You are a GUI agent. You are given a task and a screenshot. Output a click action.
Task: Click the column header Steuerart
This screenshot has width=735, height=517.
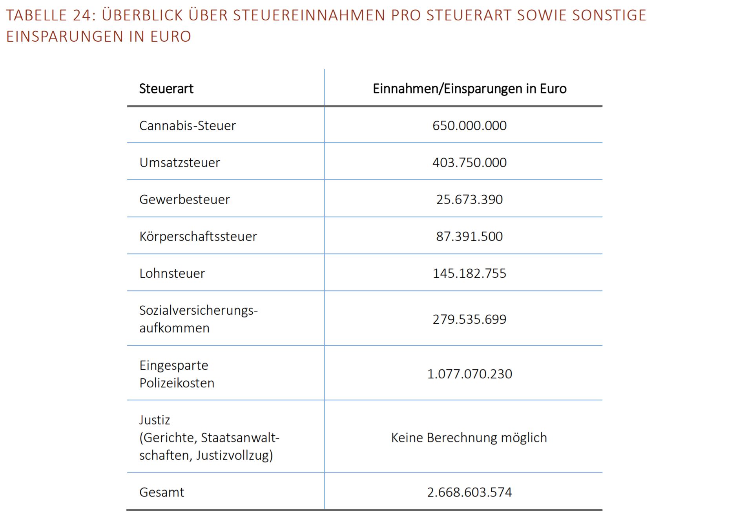[166, 89]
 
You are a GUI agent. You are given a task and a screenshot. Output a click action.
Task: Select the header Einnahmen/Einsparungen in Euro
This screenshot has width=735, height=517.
[469, 89]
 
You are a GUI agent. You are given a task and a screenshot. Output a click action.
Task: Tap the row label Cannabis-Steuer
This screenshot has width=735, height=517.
[187, 126]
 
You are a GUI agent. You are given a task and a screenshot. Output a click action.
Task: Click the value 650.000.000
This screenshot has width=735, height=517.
[469, 126]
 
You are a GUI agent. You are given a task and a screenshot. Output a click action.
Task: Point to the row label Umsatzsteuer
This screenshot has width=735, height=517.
[179, 163]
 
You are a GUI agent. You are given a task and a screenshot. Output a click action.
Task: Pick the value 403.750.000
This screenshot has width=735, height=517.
[469, 163]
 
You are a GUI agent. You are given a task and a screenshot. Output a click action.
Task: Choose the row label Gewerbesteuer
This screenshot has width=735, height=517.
[184, 200]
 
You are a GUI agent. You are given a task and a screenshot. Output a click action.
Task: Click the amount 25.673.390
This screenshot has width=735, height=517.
[469, 200]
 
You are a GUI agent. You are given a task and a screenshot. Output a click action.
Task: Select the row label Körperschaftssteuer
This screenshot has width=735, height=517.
[198, 236]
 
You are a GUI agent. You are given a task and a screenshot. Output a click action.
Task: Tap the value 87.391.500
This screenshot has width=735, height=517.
[469, 236]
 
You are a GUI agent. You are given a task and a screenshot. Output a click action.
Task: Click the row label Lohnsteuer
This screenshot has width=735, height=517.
[172, 273]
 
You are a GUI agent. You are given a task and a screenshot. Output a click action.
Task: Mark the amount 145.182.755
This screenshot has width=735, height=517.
[469, 273]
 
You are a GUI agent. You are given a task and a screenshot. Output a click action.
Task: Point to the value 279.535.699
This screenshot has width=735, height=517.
[469, 319]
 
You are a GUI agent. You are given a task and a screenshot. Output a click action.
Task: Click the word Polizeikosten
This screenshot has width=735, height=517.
[177, 383]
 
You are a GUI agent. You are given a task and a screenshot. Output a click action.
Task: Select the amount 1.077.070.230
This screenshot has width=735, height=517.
[469, 374]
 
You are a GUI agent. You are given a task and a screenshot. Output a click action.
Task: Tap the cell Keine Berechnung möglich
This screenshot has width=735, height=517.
[469, 438]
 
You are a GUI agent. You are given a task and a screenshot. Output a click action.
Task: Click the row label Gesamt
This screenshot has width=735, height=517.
[161, 492]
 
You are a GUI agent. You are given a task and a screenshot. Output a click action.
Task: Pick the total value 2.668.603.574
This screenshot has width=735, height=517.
[469, 492]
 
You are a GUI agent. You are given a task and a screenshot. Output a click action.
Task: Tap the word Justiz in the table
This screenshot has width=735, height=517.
[155, 420]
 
